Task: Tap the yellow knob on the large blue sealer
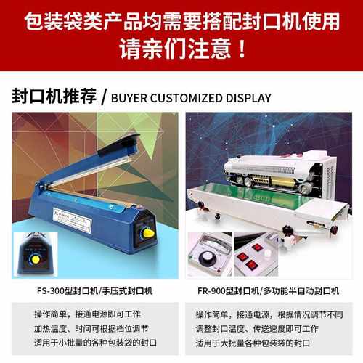[x=148, y=232]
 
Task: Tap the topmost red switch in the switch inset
[x=258, y=247]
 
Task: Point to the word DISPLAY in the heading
[x=248, y=98]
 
